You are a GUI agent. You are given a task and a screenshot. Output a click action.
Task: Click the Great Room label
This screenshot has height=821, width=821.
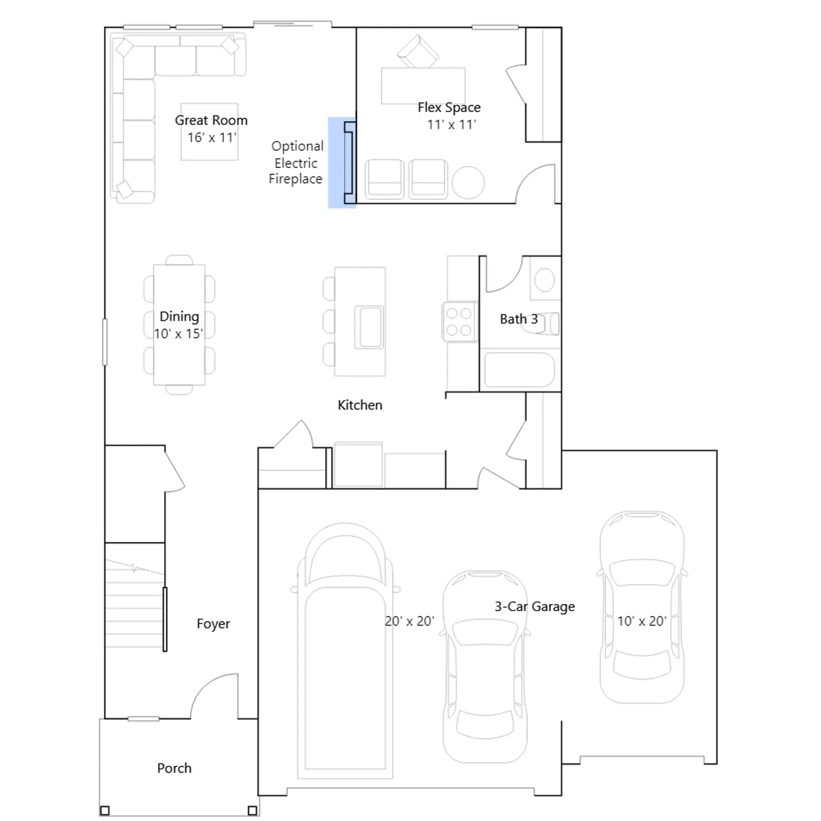click(x=211, y=120)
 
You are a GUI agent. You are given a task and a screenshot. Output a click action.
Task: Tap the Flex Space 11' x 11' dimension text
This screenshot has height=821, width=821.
click(x=452, y=125)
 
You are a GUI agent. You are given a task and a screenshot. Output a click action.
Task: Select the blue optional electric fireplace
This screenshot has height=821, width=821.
click(x=342, y=163)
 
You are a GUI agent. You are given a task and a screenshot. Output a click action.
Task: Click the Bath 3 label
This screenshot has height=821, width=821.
click(x=519, y=319)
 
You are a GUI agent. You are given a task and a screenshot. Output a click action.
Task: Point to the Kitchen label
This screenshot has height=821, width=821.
click(x=360, y=405)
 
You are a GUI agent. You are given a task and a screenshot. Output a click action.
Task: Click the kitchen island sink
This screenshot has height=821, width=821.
click(x=369, y=327)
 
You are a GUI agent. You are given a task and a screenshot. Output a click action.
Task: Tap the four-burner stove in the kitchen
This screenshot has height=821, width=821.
click(x=459, y=322)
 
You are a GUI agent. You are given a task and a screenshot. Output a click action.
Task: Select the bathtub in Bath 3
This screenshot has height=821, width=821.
click(x=519, y=369)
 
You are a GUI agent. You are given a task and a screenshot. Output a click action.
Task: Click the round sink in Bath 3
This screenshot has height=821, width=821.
click(x=544, y=280)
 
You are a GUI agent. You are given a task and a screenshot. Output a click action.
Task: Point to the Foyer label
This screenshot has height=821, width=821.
click(x=213, y=623)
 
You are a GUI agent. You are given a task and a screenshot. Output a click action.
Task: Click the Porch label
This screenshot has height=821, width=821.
click(x=174, y=768)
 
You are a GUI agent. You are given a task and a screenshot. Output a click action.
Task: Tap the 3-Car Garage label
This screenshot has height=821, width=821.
click(x=535, y=607)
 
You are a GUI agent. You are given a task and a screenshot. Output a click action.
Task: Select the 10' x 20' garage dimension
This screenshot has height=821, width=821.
click(x=641, y=621)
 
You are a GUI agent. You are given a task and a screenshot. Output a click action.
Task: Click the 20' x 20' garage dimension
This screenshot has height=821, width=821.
click(x=409, y=621)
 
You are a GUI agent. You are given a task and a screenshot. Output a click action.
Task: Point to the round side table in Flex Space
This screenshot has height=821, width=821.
click(x=468, y=183)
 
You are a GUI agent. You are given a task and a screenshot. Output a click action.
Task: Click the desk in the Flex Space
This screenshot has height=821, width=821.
click(x=423, y=86)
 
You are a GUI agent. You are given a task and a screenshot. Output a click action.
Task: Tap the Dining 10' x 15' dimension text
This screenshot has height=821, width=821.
click(x=179, y=334)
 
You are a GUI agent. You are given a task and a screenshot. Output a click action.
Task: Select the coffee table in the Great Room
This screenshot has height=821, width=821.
click(x=209, y=132)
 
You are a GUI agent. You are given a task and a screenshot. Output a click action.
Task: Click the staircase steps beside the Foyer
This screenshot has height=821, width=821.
click(x=134, y=603)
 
